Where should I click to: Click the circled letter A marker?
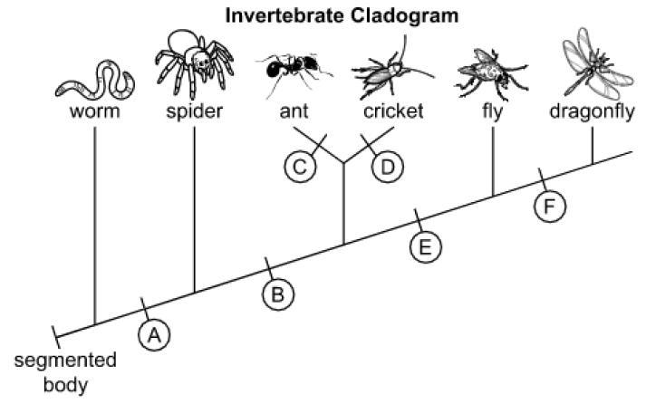154,335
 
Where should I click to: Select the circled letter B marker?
278,294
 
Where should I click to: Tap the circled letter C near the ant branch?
300,167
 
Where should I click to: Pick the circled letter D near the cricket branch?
387,167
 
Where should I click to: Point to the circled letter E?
426,247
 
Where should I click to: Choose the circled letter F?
550,206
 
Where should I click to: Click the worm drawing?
95,81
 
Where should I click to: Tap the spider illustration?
195,63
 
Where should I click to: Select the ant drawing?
294,71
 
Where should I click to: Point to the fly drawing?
491,74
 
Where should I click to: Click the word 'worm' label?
95,111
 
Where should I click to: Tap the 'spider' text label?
195,111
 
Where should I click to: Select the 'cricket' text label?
393,111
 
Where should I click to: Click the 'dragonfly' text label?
592,111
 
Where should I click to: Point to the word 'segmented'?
65,361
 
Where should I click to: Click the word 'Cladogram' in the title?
404,16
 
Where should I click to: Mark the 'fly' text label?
493,111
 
